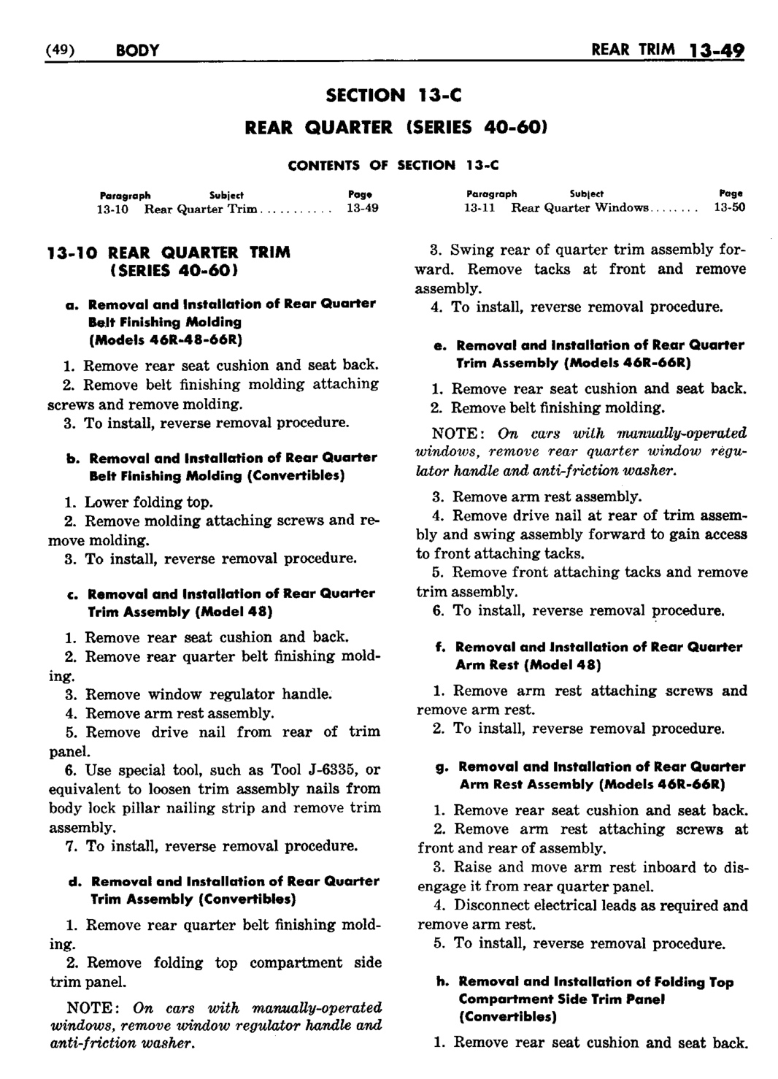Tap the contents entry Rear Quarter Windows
pyautogui.click(x=579, y=208)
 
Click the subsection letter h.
pyautogui.click(x=442, y=982)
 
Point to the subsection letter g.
pyautogui.click(x=443, y=767)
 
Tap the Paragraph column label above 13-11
pyautogui.click(x=491, y=194)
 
